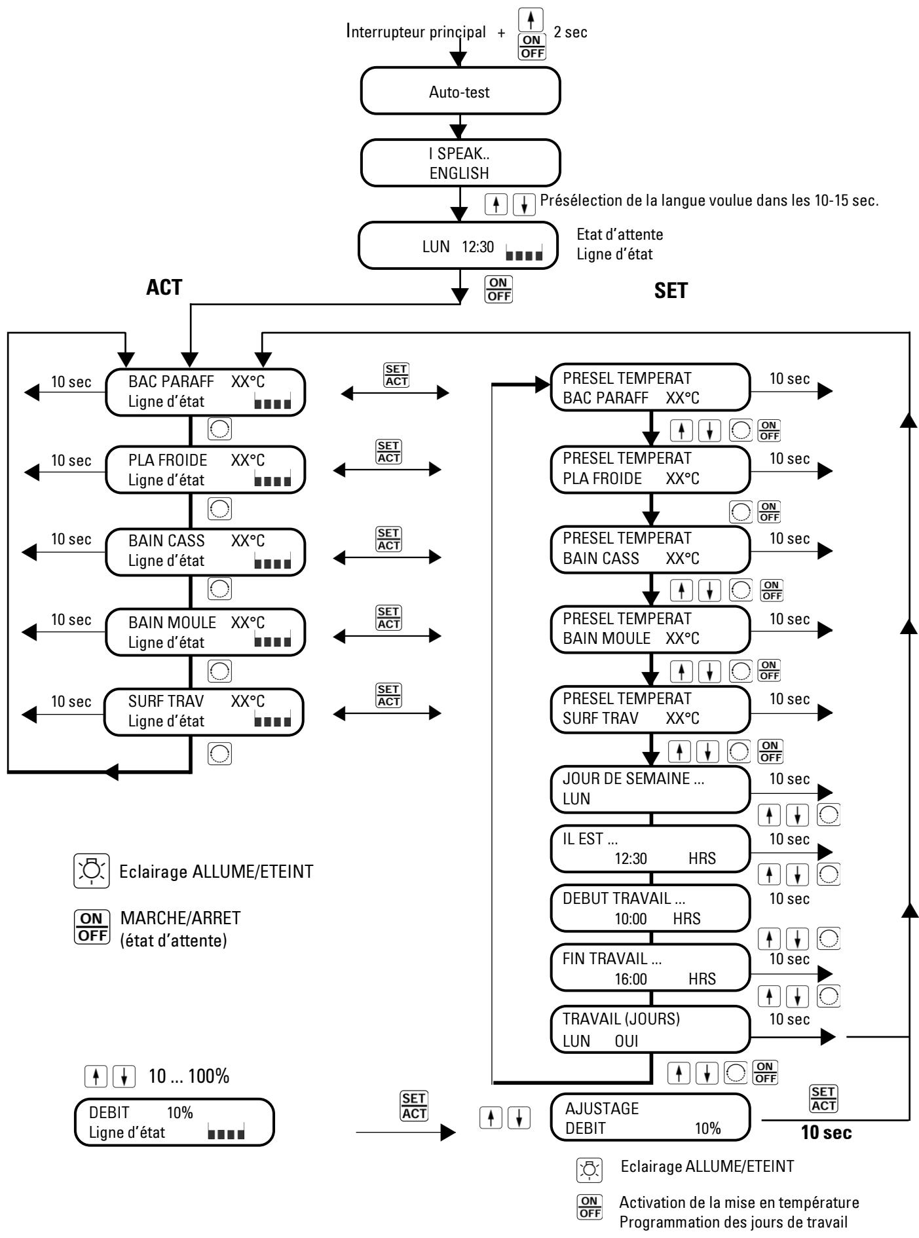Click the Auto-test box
point(460,91)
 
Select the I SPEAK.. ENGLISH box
point(460,163)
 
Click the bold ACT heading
point(164,288)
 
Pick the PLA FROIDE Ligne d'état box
point(205,470)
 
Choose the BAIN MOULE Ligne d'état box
point(205,632)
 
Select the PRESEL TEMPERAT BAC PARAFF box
point(650,388)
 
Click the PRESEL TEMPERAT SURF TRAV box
point(650,709)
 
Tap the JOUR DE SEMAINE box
point(650,789)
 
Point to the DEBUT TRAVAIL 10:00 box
point(650,909)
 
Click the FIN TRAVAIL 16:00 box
point(650,967)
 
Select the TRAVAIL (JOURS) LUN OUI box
point(650,1030)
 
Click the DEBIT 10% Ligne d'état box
point(174,1122)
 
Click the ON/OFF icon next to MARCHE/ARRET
point(91,926)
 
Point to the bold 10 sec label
point(827,1133)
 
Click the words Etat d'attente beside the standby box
point(620,234)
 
